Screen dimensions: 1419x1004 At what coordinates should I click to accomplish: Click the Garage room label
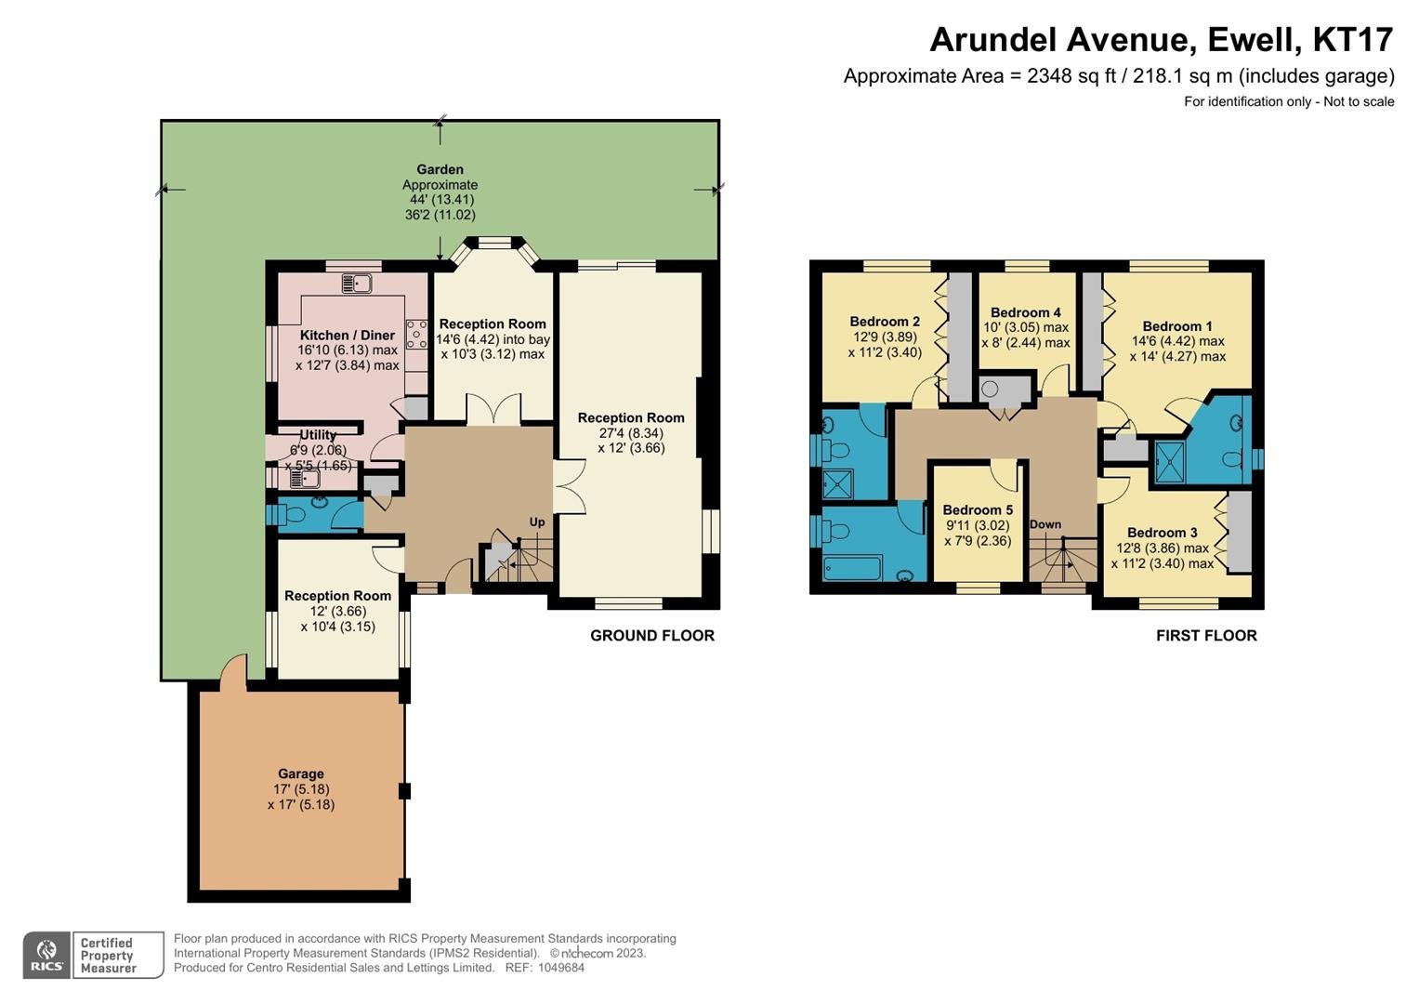(301, 773)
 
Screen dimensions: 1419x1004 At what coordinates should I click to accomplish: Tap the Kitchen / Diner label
(348, 335)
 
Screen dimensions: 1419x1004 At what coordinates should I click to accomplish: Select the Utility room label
(318, 435)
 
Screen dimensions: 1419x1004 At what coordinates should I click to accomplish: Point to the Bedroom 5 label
(978, 509)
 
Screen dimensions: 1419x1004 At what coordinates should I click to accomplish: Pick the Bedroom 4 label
(1026, 311)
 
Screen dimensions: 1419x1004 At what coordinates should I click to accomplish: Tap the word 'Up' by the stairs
(536, 522)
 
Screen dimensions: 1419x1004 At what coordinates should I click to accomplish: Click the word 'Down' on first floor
(1045, 524)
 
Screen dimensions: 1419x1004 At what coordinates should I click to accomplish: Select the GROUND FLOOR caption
(651, 635)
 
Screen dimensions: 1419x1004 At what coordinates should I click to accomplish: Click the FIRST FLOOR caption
(1206, 635)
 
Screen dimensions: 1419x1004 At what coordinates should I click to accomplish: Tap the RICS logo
(46, 955)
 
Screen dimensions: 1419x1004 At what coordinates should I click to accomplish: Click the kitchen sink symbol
(357, 283)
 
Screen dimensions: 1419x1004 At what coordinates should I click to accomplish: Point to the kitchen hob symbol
(417, 334)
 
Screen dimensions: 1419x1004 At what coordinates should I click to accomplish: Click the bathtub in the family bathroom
(853, 568)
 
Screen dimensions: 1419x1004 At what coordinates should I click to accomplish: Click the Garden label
(440, 169)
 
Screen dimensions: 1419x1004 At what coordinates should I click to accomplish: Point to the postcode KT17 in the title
(1352, 39)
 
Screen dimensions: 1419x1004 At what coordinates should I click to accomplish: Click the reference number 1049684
(560, 968)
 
